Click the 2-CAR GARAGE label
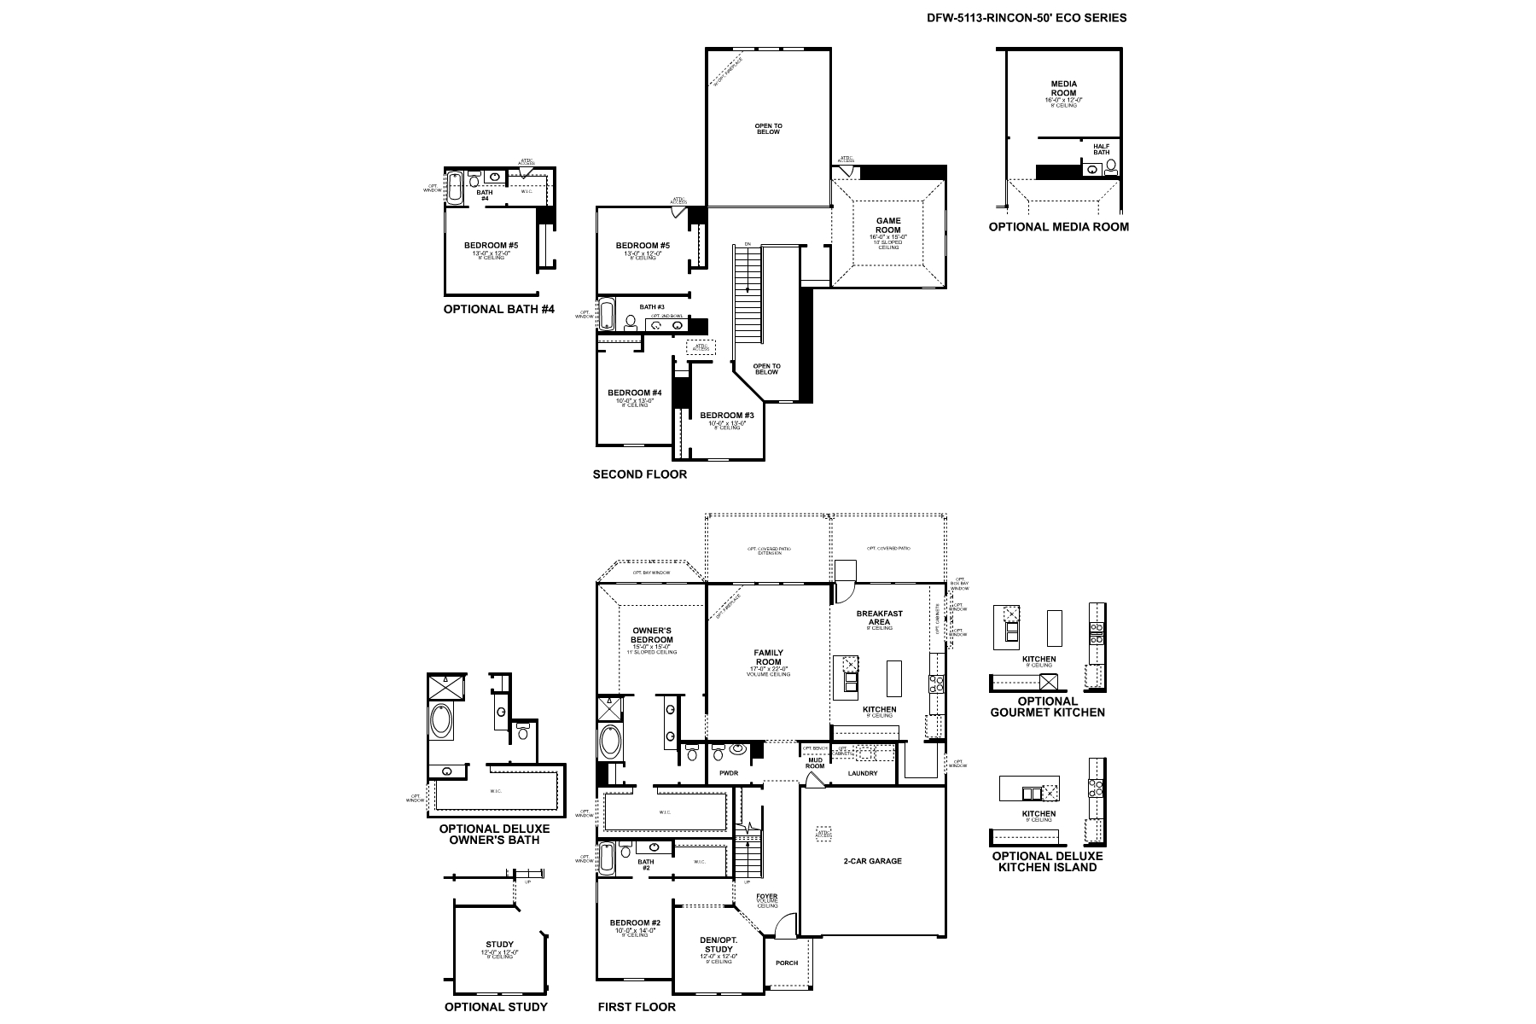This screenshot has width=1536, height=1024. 872,861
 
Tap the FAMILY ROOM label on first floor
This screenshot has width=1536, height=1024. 768,657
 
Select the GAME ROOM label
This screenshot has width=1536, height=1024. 888,225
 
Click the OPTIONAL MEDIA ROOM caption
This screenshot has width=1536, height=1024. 1058,227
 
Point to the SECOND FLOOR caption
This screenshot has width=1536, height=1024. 639,474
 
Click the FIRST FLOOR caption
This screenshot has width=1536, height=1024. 637,1007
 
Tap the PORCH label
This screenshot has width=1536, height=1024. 787,963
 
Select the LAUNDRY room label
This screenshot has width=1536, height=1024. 863,774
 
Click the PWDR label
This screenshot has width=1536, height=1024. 728,773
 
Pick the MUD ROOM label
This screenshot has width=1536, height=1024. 815,763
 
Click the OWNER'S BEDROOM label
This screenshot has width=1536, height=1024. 652,636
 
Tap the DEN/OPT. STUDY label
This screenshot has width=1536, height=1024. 717,945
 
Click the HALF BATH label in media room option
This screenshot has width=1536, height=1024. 1101,149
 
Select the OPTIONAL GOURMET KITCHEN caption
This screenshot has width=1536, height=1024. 1047,707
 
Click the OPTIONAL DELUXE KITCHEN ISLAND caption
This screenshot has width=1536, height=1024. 1047,861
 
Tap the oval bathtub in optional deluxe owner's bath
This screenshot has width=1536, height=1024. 442,722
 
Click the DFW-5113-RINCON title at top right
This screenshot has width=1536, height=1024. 1026,17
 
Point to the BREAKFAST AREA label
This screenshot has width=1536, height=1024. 879,618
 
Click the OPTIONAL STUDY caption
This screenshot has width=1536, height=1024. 496,1007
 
